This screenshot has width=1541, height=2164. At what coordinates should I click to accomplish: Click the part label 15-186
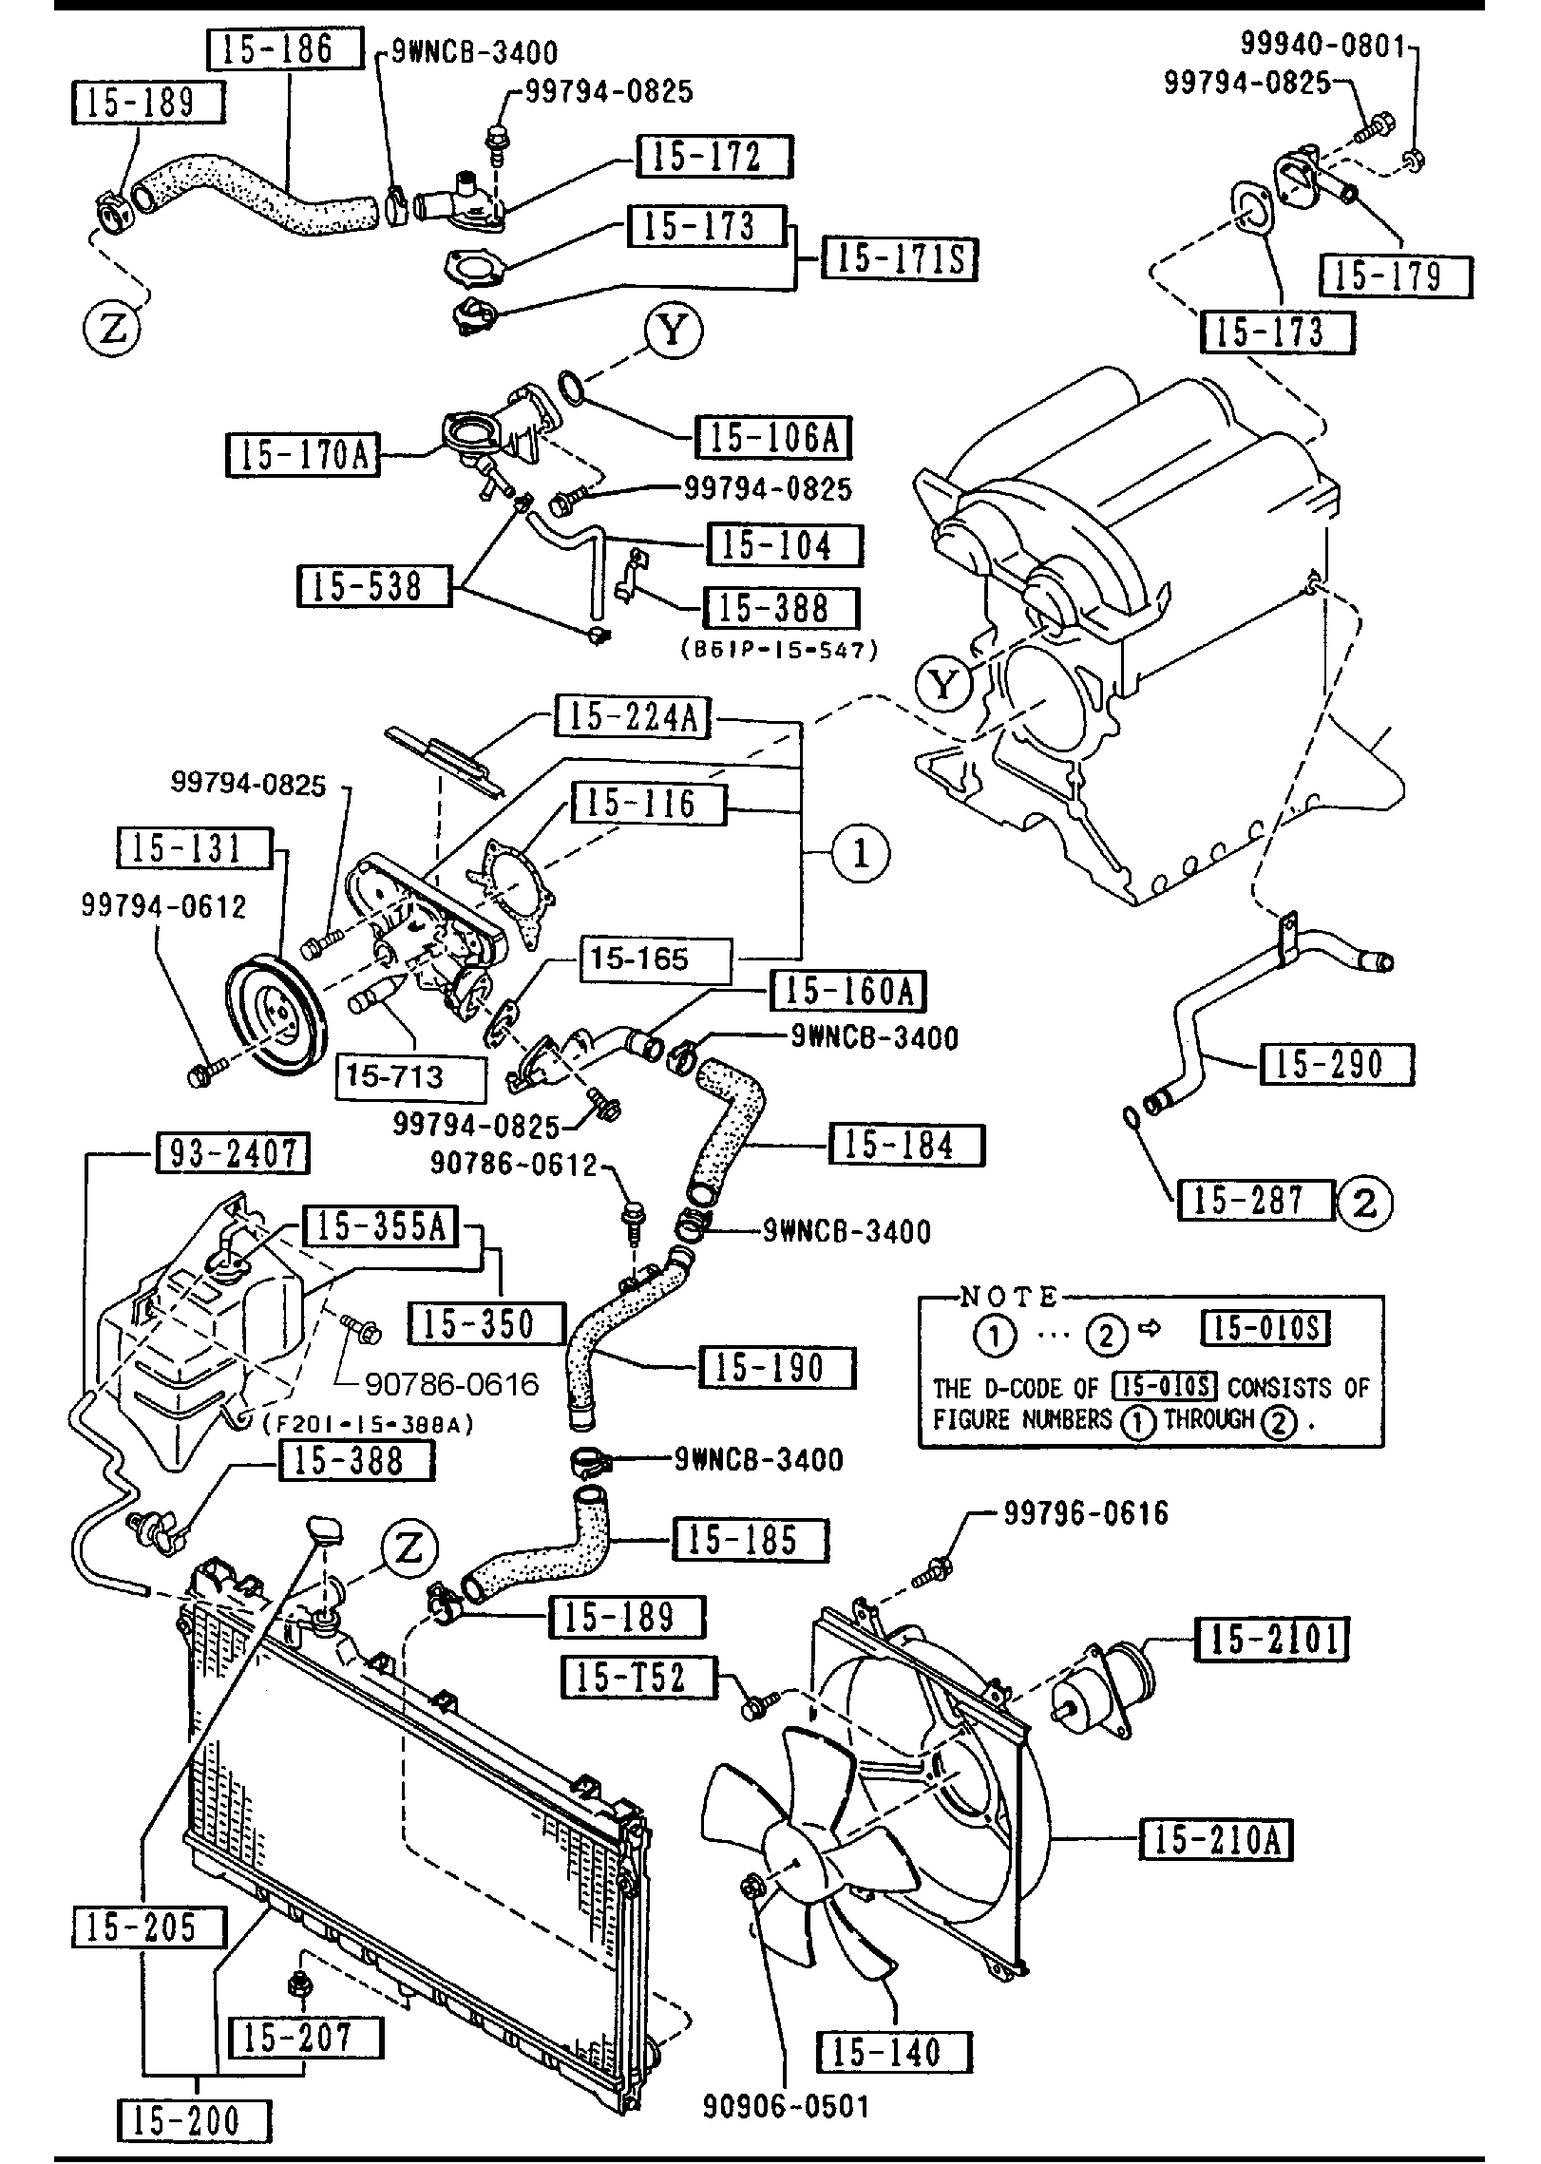coord(284,49)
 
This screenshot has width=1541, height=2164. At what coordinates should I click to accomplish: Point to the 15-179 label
coord(1395,276)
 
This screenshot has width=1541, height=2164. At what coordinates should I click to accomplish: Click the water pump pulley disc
coord(276,1017)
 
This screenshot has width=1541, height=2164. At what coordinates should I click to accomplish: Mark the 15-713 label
coord(410,1076)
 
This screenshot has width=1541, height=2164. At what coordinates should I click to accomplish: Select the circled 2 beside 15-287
coord(1364,1203)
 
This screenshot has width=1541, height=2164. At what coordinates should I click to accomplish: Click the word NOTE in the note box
coord(1008,1296)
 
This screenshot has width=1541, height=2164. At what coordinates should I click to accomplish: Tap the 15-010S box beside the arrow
coord(1266,1328)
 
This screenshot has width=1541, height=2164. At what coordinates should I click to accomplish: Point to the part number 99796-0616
coord(1085,1512)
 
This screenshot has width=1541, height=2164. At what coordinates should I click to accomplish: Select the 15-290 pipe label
coord(1336,1064)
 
